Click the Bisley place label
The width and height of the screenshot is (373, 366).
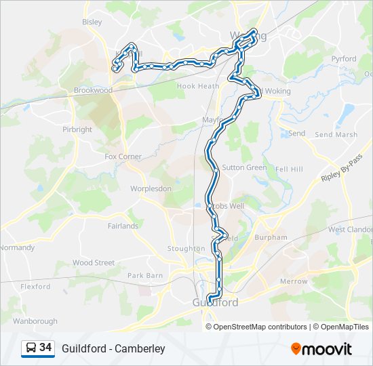[92, 22]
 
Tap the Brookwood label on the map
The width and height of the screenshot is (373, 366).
[93, 90]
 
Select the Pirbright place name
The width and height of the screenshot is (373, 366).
[77, 129]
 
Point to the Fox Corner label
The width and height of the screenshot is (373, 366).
[123, 157]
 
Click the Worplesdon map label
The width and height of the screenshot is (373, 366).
[151, 189]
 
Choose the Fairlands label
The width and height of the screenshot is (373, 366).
[123, 226]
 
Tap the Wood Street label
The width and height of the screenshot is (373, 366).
[94, 262]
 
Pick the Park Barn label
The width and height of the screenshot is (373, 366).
[145, 276]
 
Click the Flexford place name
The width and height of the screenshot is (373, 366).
[35, 287]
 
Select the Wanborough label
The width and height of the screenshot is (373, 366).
[35, 321]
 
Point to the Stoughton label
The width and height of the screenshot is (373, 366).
[186, 249]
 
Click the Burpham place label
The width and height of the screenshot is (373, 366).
[271, 238]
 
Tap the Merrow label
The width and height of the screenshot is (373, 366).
[294, 281]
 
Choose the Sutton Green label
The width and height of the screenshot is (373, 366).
[245, 167]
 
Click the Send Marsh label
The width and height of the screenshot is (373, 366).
[336, 135]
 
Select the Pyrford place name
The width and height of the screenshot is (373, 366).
[344, 59]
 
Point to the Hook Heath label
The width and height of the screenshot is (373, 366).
[198, 86]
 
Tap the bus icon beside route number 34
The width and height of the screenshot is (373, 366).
[31, 348]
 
